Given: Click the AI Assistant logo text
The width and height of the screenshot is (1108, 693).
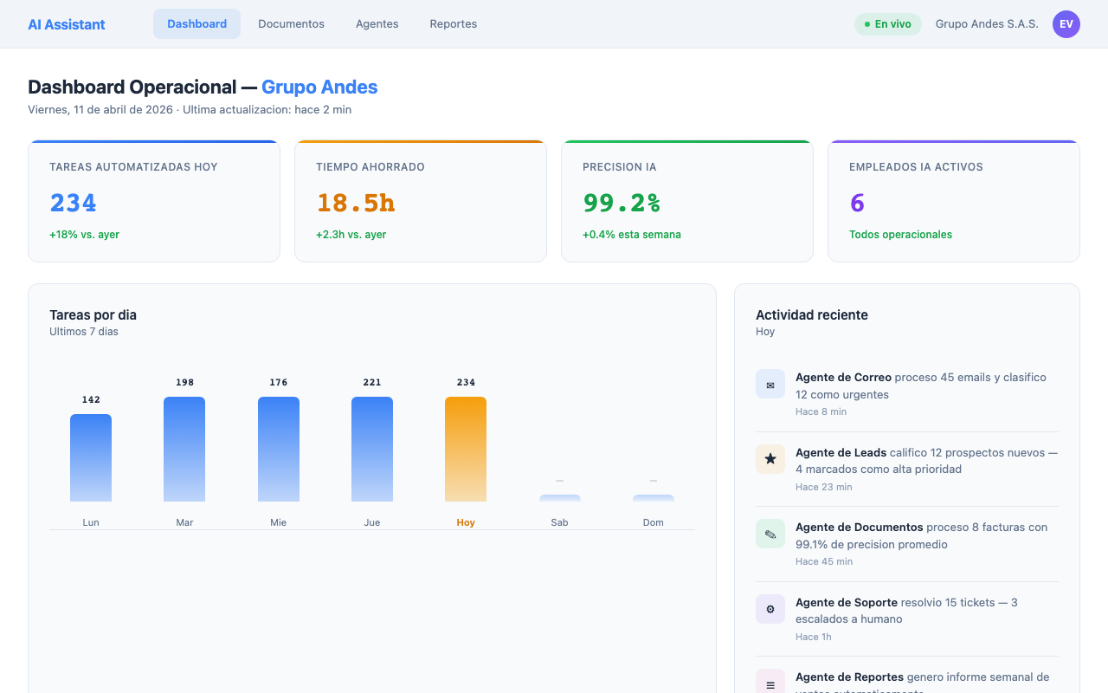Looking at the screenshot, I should click(67, 24).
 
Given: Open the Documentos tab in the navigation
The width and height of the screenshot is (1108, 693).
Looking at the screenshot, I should click(291, 24).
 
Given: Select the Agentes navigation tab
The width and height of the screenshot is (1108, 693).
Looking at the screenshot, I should click(377, 24).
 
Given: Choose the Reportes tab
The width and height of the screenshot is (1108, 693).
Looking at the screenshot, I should click(453, 24).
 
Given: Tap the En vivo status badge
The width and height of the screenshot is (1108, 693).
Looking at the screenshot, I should click(887, 24).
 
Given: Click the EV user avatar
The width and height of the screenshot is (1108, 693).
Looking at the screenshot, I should click(1066, 24).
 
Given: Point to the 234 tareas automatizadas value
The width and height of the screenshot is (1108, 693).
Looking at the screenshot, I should click(73, 203).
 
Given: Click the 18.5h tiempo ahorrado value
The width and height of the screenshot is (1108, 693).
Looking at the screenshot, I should click(355, 203).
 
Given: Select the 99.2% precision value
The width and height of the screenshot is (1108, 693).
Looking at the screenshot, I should click(621, 203).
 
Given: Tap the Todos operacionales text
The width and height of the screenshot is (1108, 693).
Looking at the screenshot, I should click(900, 235).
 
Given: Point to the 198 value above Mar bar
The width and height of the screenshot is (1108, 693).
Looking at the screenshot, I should click(184, 382).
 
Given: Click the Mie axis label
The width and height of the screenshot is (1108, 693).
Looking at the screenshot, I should click(278, 522).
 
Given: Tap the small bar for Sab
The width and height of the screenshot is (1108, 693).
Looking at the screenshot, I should click(560, 498).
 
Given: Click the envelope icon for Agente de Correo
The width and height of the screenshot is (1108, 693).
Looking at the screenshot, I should click(770, 384).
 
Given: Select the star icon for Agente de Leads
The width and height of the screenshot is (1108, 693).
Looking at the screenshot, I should click(770, 459).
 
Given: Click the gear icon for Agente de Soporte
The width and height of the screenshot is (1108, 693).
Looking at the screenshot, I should click(770, 609).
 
